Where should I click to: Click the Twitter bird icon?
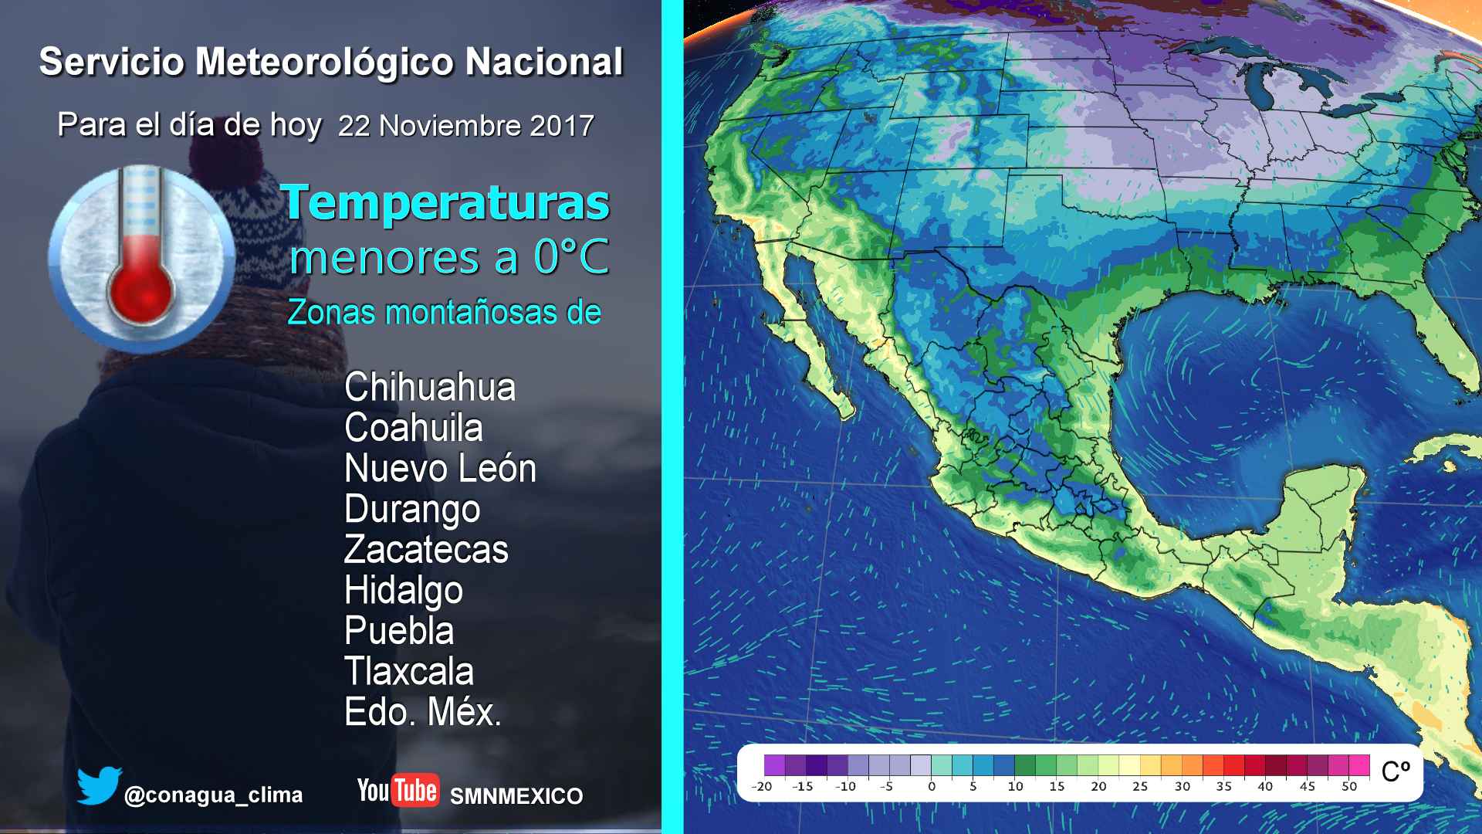click(99, 785)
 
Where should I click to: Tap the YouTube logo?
click(398, 791)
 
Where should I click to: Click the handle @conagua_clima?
click(213, 795)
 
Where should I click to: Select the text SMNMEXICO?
click(516, 796)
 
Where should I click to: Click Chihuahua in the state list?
click(430, 387)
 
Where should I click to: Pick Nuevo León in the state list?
click(440, 468)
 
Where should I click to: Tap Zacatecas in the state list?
click(426, 549)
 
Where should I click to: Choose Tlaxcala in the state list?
click(409, 671)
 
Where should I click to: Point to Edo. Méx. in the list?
click(423, 712)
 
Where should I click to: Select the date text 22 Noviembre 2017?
click(466, 126)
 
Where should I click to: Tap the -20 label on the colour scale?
click(762, 786)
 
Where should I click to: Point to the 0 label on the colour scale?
click(932, 786)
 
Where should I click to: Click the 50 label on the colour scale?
click(1349, 786)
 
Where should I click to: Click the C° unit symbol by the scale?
click(1396, 771)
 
